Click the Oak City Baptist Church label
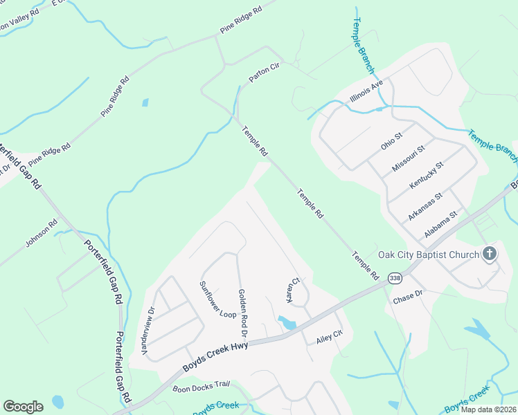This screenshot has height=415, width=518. click(428, 255)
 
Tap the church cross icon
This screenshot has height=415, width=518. click(489, 254)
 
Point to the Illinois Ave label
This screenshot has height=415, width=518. click(366, 91)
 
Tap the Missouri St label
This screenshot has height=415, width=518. click(408, 158)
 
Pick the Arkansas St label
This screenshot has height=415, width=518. click(425, 207)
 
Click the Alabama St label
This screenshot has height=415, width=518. click(442, 224)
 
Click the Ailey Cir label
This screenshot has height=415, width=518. click(329, 337)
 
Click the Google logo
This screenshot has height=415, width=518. click(23, 406)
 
